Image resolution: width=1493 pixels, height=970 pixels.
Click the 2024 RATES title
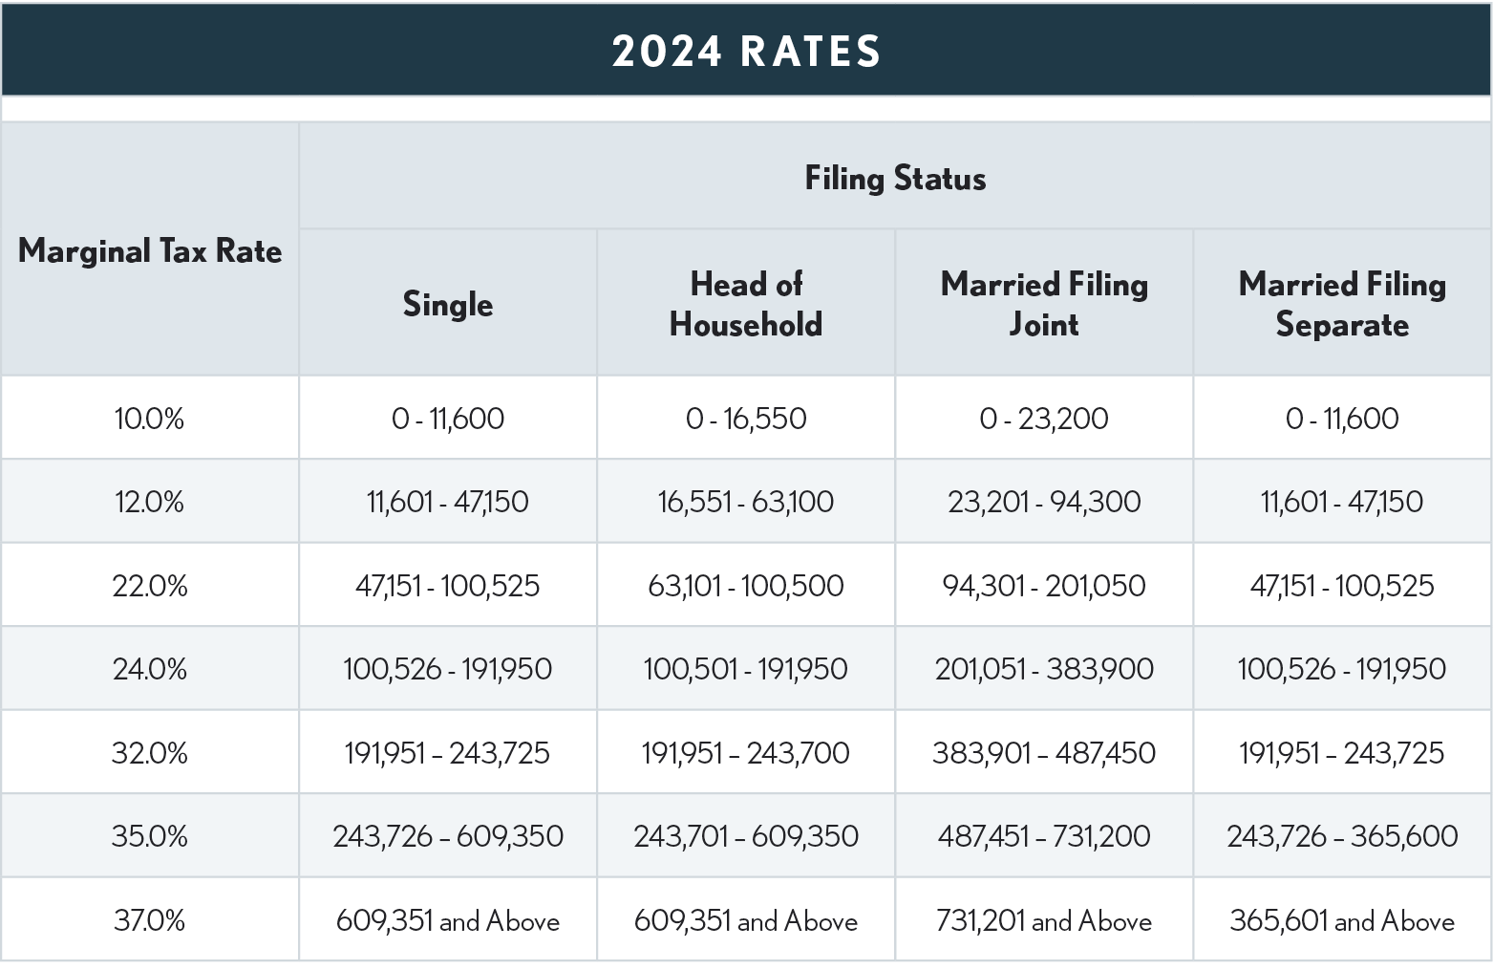tap(746, 51)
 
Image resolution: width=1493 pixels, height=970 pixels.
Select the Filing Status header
tap(895, 179)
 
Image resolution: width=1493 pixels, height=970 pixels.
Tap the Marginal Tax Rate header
tap(150, 251)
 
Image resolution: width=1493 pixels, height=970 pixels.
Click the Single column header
tap(448, 305)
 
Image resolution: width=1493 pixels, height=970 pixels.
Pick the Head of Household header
tap(746, 304)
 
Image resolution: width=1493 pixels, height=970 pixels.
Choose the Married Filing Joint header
tap(1044, 304)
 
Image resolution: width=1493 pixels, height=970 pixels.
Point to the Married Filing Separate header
tap(1342, 304)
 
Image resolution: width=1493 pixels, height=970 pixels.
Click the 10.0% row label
tap(150, 419)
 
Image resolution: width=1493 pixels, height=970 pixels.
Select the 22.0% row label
tap(150, 585)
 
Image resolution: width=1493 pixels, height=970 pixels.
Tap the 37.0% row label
tap(150, 920)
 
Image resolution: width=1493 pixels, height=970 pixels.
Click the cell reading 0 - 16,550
tap(746, 419)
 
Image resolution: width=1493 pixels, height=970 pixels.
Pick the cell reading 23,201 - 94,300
tap(1044, 502)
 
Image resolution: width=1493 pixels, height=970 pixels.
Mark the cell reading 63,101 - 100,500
tap(746, 585)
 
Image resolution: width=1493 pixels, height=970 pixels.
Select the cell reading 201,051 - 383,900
tap(1044, 669)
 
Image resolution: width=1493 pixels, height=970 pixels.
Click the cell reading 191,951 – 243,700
tap(746, 753)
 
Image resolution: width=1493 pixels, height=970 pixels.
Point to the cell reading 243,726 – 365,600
tap(1342, 836)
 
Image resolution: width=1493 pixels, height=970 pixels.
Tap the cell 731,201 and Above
tap(1044, 920)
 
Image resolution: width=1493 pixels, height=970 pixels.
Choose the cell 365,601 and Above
tap(1342, 920)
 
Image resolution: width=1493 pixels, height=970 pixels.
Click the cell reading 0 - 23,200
tap(1044, 419)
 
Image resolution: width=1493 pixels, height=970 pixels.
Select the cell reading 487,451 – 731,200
tap(1044, 836)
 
